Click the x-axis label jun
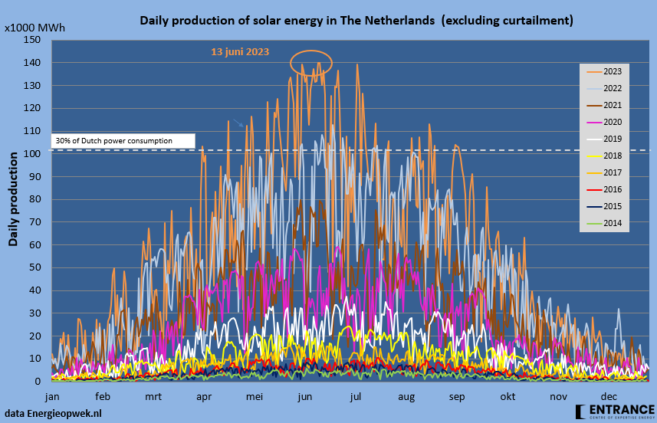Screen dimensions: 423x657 point(304,396)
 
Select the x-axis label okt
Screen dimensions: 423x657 point(507,396)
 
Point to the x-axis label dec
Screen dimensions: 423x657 point(608,396)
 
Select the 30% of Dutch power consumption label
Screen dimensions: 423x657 point(114,141)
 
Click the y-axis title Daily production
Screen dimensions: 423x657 point(14,199)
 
